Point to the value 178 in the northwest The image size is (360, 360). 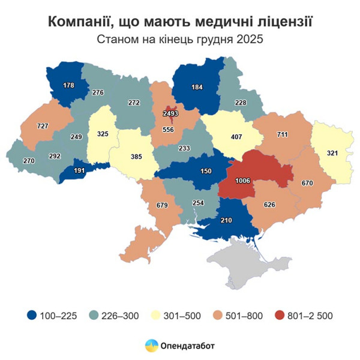point(68,86)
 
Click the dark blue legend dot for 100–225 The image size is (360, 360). point(32,315)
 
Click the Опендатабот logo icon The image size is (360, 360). point(151,346)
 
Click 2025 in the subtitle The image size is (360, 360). point(250,40)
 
